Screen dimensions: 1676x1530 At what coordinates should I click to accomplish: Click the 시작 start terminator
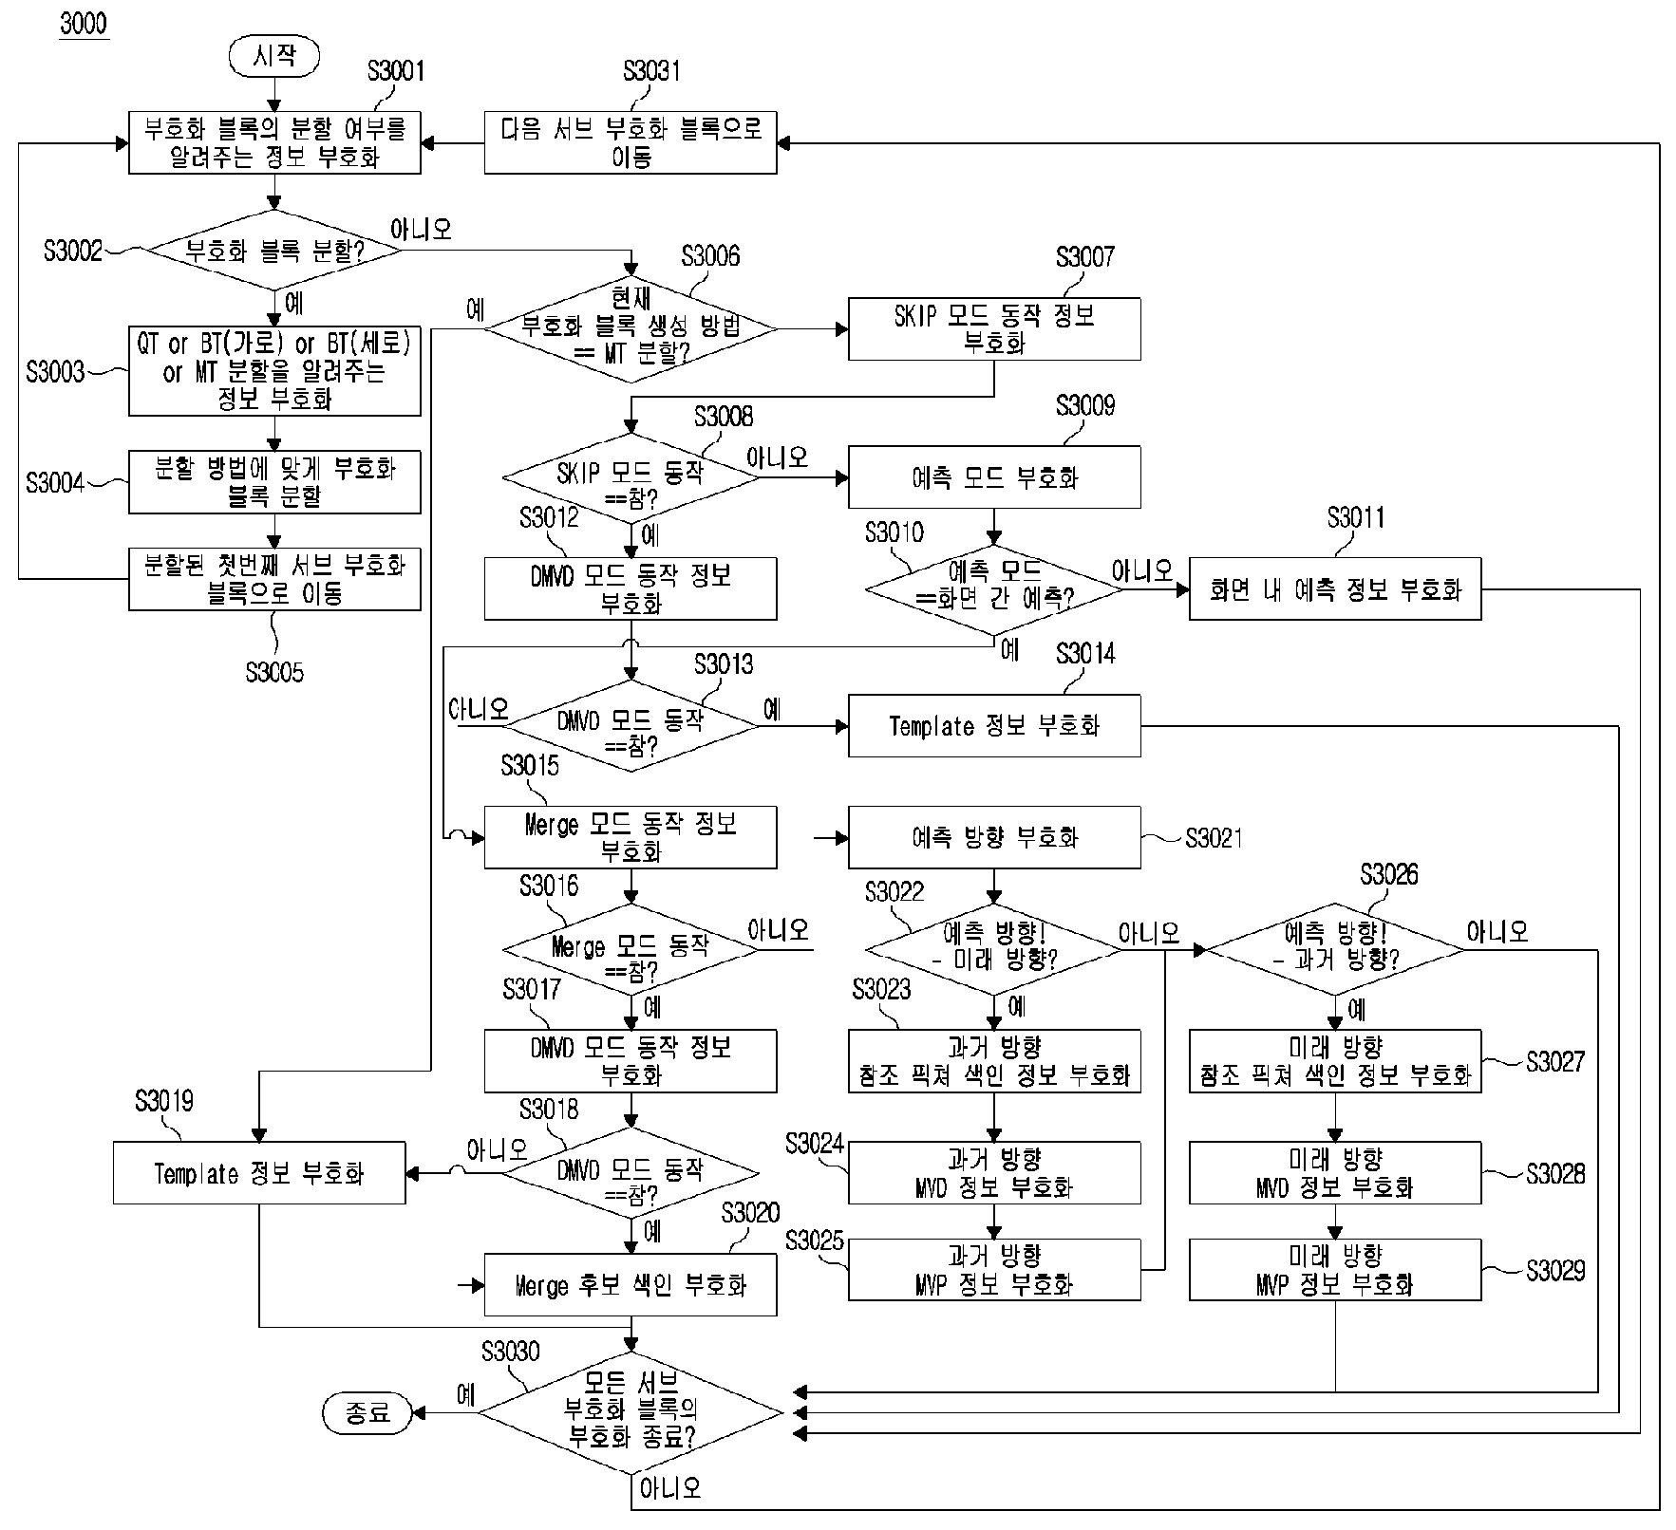click(273, 56)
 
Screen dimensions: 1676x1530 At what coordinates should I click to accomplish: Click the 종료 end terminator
click(367, 1413)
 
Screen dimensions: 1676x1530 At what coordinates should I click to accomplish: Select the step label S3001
click(396, 71)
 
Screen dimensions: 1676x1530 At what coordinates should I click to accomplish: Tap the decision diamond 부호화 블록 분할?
click(273, 251)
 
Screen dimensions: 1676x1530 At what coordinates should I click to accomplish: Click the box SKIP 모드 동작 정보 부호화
click(994, 329)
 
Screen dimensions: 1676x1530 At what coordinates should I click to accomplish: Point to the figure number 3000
click(84, 24)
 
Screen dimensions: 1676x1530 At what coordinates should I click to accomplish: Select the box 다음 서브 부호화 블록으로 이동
click(631, 143)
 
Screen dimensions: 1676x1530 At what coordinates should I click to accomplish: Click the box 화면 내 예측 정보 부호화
click(1335, 589)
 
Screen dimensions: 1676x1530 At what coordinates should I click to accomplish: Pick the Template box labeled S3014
click(994, 726)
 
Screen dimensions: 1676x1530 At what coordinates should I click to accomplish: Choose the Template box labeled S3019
click(259, 1173)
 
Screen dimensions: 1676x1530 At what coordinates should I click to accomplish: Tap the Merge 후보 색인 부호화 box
click(631, 1285)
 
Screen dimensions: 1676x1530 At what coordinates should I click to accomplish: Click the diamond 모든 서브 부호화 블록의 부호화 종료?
click(631, 1413)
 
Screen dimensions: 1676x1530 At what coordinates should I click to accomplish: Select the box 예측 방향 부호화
click(994, 837)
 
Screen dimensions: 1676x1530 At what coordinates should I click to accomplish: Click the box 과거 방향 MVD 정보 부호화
click(994, 1173)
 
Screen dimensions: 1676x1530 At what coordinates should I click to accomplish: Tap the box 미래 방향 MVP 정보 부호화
click(1335, 1270)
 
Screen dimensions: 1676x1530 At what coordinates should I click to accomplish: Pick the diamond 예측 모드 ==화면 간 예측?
click(994, 589)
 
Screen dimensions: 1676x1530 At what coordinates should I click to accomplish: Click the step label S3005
click(274, 673)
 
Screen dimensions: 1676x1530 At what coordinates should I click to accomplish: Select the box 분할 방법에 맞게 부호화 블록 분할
click(274, 482)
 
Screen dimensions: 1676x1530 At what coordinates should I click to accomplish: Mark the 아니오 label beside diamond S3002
click(421, 230)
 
